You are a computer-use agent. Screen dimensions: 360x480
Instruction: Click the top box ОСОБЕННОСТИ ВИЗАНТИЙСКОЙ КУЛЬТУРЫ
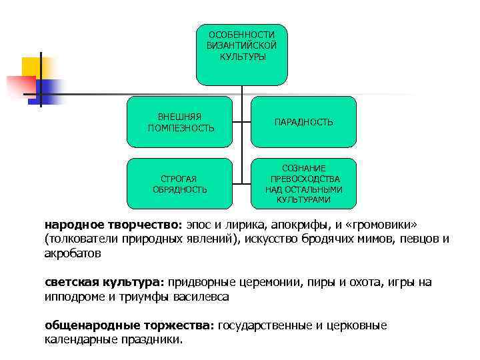point(242,55)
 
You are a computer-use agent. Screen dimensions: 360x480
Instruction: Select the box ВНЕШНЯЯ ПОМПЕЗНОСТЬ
point(181,122)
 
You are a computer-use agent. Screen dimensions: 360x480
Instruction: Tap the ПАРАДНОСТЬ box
point(303,122)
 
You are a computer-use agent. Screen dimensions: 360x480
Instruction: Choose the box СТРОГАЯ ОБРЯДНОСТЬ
point(180,184)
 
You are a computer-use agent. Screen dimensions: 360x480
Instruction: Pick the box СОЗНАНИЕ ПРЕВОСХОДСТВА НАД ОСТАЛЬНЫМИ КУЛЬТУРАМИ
point(303,184)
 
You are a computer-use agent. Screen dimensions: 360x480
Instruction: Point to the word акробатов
point(73,254)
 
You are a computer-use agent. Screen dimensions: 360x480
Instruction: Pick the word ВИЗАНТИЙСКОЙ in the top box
point(241,45)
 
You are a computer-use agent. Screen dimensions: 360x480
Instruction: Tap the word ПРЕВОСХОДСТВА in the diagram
point(304,179)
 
